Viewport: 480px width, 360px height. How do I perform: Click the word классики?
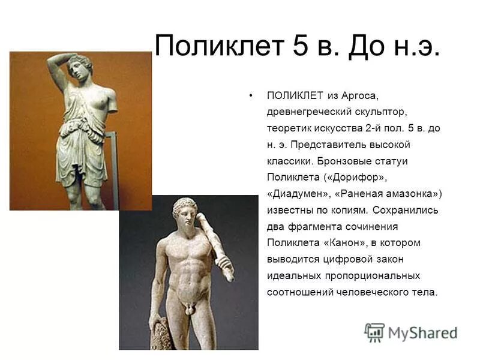pos(290,161)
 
